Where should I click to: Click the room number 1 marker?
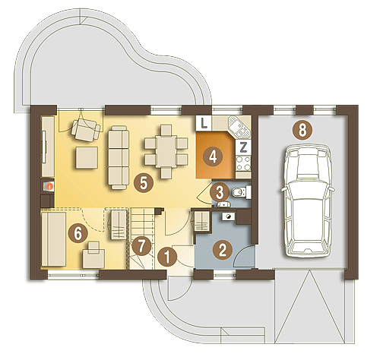click(167, 257)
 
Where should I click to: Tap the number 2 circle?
click(223, 250)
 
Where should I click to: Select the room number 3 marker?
click(220, 192)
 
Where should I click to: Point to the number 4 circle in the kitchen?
click(213, 156)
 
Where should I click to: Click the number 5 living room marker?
click(144, 182)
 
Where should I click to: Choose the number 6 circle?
click(78, 233)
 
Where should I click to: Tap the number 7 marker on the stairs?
click(141, 245)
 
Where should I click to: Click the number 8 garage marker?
click(302, 131)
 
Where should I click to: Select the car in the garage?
click(308, 201)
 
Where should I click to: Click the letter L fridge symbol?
click(204, 123)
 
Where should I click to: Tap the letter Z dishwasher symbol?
click(243, 147)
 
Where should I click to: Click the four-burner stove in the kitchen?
click(243, 163)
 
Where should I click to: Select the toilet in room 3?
click(242, 192)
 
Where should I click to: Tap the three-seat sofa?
click(119, 157)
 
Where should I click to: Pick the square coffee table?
click(87, 158)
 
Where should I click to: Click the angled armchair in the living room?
click(86, 131)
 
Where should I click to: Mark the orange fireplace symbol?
click(50, 187)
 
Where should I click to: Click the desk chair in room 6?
click(94, 255)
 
